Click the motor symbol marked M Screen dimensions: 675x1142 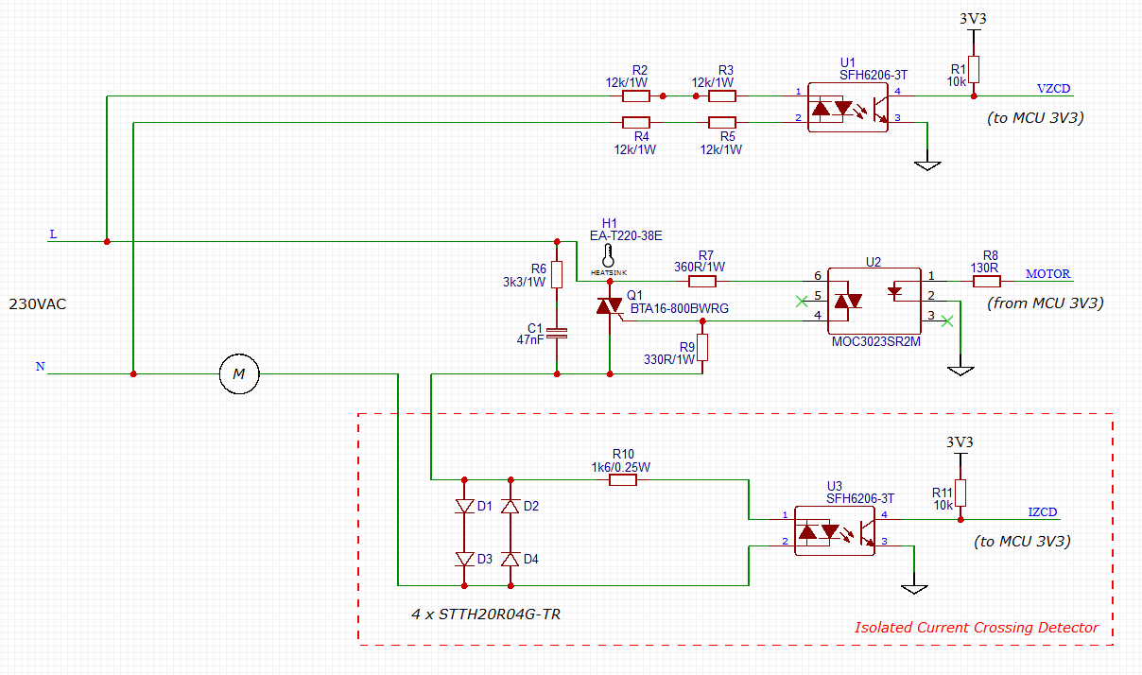point(239,374)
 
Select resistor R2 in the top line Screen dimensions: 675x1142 point(636,95)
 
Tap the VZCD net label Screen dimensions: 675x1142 point(1053,89)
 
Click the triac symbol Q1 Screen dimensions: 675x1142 point(609,307)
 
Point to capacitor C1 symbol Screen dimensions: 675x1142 point(558,333)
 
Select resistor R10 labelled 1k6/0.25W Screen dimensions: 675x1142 point(623,480)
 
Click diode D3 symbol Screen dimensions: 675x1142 point(464,559)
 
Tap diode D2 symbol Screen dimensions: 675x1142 point(510,506)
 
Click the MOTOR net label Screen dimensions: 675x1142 point(1048,274)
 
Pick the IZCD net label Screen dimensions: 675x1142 point(1042,512)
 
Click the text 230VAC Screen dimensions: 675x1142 point(38,305)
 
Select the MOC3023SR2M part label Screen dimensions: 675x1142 point(875,341)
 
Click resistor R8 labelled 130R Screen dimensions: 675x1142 point(986,281)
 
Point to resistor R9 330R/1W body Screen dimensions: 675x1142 point(702,348)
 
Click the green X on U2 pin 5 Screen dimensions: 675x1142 point(803,302)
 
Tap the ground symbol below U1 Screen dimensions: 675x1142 point(928,164)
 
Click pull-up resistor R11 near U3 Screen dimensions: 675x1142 point(960,493)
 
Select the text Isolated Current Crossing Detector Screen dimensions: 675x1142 point(977,628)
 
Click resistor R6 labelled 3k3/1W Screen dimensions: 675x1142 point(557,274)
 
